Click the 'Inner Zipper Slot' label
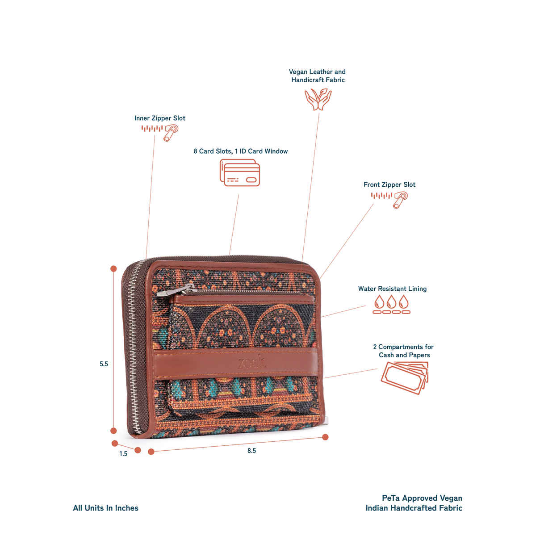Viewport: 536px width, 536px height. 159,118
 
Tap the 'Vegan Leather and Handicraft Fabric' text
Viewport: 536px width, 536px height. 317,76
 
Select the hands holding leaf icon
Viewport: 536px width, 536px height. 318,99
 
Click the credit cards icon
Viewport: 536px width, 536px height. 240,173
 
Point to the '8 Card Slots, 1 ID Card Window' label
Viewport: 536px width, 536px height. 240,151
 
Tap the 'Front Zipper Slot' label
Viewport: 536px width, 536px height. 389,184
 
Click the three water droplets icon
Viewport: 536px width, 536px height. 392,304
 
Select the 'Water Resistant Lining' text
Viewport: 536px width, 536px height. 392,289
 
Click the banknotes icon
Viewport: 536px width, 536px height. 405,377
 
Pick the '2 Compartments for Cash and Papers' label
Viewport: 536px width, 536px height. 403,351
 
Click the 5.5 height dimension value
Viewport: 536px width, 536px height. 104,364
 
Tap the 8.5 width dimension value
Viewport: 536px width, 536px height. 251,451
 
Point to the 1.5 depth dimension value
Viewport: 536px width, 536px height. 123,454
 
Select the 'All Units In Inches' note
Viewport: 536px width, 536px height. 105,508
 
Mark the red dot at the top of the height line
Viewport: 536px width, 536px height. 113,269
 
